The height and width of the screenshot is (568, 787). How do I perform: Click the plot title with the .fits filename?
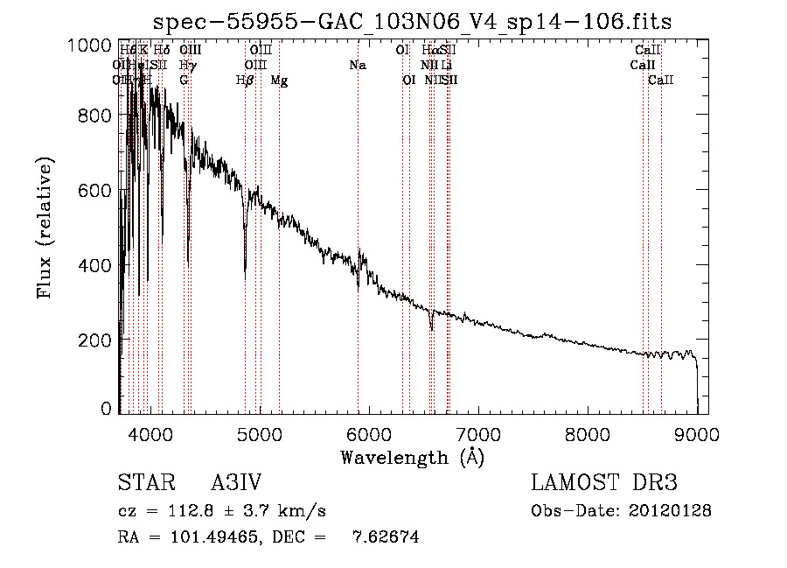(412, 21)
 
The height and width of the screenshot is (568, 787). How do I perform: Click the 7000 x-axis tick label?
(477, 433)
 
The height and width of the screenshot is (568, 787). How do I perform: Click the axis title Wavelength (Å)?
(412, 457)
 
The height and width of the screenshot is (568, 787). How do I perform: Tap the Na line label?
(357, 66)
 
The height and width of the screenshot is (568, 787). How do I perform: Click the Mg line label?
(279, 81)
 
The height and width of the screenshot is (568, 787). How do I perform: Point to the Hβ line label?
(245, 81)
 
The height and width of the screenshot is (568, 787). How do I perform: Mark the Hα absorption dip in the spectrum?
(431, 327)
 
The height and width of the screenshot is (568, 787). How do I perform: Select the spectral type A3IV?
(236, 483)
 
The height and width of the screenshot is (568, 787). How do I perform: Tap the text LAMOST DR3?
(604, 483)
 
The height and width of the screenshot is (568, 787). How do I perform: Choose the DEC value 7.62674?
(385, 537)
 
